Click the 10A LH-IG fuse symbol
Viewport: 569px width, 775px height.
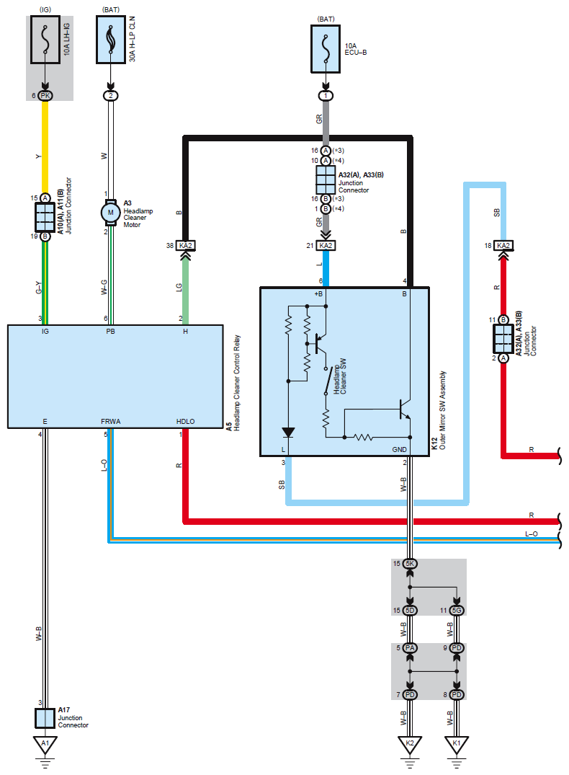[45, 40]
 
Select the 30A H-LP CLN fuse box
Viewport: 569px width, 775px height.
[111, 40]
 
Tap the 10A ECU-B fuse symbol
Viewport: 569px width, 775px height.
[326, 49]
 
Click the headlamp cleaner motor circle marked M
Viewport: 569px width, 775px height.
[111, 213]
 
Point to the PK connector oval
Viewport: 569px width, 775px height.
[45, 95]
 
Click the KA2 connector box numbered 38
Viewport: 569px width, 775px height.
[186, 246]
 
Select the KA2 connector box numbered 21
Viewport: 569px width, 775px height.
[326, 246]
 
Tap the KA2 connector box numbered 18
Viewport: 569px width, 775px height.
[503, 246]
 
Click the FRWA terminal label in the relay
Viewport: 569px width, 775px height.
[111, 422]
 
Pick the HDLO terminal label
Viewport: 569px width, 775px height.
[186, 422]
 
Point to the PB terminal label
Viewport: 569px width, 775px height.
[111, 331]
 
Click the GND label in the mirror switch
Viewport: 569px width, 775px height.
[400, 449]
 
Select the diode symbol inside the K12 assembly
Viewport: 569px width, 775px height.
[288, 433]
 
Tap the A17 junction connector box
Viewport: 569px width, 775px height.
[45, 718]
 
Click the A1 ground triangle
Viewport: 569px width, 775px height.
[45, 744]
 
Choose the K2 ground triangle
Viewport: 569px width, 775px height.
[409, 744]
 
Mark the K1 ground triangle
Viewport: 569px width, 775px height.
[457, 744]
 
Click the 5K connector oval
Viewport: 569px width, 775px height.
[409, 564]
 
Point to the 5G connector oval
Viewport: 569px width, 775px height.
[457, 611]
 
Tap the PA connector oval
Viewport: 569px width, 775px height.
[409, 647]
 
